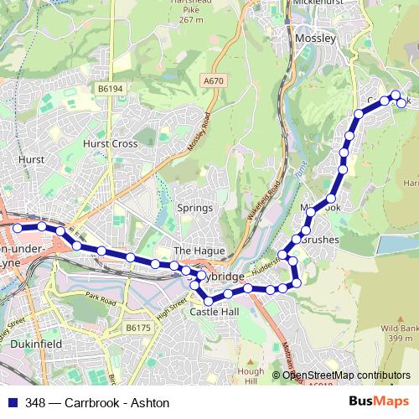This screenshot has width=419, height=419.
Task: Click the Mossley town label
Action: (315, 39)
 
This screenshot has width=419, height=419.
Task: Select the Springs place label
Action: (190, 207)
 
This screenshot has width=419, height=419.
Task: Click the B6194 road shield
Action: (109, 88)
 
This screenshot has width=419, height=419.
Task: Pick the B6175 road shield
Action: (135, 328)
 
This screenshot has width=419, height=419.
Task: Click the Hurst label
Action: (30, 158)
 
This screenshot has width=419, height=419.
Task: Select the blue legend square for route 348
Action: (11, 403)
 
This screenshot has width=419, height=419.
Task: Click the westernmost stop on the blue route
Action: (18, 226)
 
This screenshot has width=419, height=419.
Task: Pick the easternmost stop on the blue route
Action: (402, 103)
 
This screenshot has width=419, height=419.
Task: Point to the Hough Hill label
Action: (250, 375)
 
